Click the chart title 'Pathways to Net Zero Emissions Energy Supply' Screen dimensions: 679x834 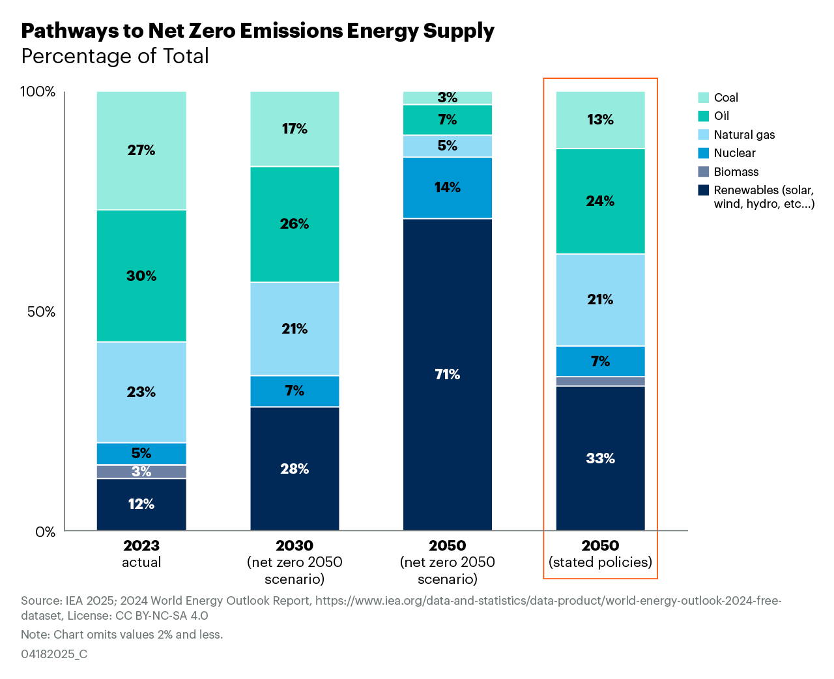coord(257,31)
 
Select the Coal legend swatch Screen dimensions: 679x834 coord(703,98)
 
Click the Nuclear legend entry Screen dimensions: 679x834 coord(726,153)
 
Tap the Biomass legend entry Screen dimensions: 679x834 coord(728,172)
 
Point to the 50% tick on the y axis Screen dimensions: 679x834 coord(41,312)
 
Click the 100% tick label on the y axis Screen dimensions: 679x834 coord(38,92)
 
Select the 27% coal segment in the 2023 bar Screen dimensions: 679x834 coord(141,151)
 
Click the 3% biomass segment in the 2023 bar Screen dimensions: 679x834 coord(141,472)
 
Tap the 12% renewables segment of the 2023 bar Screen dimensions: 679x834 coord(141,504)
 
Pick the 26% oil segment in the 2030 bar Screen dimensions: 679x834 coord(295,224)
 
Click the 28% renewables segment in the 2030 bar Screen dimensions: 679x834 coord(295,469)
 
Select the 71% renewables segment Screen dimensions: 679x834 coord(448,375)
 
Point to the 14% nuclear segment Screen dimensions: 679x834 coord(448,188)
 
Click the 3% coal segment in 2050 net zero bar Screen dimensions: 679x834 coord(448,98)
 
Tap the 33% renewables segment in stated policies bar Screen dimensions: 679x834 coord(600,459)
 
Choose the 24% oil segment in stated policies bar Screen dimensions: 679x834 coord(600,201)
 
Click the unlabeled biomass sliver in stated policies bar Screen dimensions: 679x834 coord(600,381)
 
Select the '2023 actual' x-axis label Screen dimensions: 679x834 coord(141,554)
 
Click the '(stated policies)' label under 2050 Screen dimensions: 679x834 coord(600,562)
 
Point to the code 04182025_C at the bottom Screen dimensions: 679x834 coord(54,654)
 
